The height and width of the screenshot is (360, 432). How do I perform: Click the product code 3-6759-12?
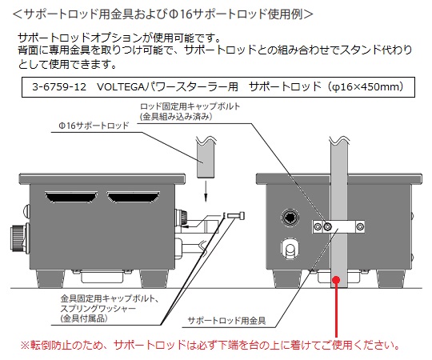coord(59,87)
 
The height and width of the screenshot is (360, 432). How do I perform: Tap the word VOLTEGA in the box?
coord(120,87)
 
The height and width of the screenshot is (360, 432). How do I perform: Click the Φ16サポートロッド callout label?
coord(94,126)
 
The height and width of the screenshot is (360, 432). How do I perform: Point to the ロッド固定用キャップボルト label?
coord(190,106)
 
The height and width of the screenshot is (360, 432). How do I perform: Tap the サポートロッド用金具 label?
coord(226,320)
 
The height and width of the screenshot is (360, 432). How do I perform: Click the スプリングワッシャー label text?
coord(98,308)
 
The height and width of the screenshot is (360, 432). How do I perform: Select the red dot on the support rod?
coord(336,280)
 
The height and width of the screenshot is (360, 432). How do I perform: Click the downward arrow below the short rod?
coord(206,191)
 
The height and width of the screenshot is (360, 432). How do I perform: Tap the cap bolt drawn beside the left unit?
coord(236,215)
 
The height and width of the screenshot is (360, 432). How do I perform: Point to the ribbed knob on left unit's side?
coord(18,238)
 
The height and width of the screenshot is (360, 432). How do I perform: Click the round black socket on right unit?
coord(290,218)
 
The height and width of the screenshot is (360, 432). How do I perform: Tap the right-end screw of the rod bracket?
coord(360,227)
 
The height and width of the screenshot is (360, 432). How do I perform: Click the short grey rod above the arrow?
coord(206,158)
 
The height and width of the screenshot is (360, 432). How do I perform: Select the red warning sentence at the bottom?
coord(210,345)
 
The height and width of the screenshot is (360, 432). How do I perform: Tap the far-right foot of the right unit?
coord(390,278)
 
